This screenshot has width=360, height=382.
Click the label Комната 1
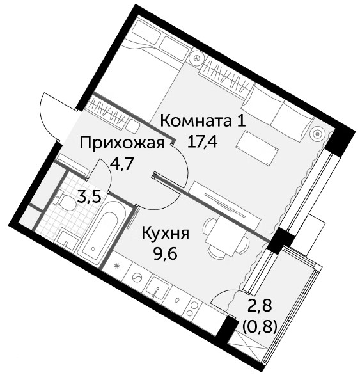[203, 121]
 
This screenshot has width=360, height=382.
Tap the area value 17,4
[202, 142]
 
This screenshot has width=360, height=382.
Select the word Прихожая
[122, 143]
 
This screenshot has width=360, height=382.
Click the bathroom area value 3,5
[89, 197]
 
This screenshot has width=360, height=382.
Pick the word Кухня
[166, 234]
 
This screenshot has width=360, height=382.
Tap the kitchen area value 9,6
[164, 254]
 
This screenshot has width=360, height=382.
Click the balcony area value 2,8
[259, 305]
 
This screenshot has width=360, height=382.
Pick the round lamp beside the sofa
[317, 134]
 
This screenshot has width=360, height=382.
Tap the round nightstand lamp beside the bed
[197, 58]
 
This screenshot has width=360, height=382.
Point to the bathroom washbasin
[67, 241]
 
